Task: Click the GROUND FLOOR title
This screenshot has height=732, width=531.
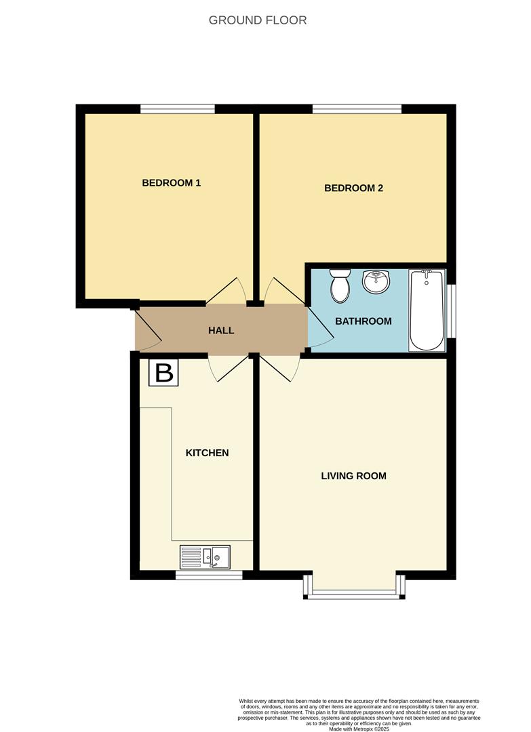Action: [258, 20]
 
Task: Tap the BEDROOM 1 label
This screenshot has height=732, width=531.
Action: [171, 183]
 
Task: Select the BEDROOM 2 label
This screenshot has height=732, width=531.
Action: [353, 188]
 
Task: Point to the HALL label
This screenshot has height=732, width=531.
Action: [221, 331]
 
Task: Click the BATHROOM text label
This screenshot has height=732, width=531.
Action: [363, 321]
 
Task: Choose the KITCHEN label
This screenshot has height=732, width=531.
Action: [207, 453]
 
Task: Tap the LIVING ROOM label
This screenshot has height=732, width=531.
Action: [353, 476]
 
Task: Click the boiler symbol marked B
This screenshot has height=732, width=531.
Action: [164, 373]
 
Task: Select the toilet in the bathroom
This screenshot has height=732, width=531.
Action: [339, 285]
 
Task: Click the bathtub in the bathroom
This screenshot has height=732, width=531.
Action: [427, 310]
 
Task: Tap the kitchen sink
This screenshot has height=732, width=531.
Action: [205, 557]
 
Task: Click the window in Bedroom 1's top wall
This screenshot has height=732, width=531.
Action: [178, 108]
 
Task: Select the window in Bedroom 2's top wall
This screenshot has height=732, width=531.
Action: [357, 108]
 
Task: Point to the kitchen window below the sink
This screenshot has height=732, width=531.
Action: [208, 575]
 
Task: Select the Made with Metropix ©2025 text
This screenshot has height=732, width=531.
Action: [359, 729]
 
